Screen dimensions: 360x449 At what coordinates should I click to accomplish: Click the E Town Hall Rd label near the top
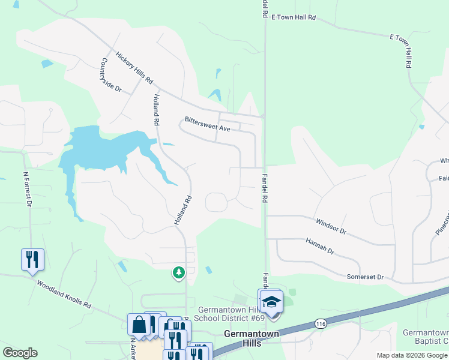coord(294,18)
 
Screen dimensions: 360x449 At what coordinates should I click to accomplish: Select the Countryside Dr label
coord(111,75)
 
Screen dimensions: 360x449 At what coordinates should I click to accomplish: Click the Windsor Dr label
coord(331,226)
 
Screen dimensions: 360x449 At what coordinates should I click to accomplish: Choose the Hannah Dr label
coord(319,246)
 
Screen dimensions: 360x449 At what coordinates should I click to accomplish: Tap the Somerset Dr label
coord(365,277)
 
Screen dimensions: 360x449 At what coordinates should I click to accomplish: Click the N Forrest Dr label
coord(27,189)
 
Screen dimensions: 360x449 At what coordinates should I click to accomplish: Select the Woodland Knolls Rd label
coord(64,294)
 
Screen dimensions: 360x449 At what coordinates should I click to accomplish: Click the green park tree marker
coord(178,273)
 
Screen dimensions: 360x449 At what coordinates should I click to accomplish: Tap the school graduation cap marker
coord(271,301)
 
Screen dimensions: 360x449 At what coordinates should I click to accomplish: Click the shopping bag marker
coord(139,324)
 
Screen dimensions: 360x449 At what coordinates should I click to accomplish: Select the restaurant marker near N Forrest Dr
coord(32,259)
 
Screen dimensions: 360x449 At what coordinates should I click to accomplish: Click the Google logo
coord(20,353)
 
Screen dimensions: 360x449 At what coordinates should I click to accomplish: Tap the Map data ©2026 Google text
coord(412,355)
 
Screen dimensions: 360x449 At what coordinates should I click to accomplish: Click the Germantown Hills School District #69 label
coord(232,314)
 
